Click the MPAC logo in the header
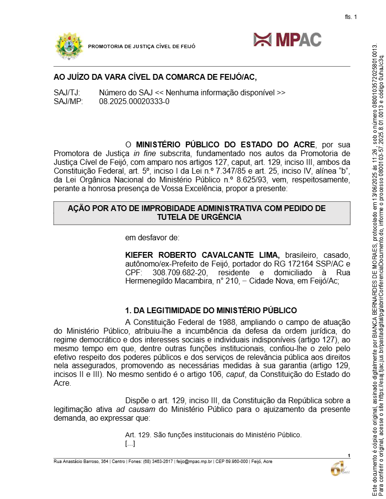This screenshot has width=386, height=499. coord(287,40)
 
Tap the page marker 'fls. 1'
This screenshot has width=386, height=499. coord(351,17)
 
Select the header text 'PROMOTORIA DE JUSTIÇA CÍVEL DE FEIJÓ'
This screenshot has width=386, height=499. coord(142,47)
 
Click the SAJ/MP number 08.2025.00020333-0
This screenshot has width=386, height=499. coord(134,101)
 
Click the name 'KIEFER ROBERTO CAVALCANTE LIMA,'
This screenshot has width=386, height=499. coord(202,255)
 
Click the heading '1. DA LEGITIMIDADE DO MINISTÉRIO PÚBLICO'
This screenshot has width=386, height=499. coord(211,310)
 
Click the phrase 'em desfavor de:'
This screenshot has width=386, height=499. coord(152,238)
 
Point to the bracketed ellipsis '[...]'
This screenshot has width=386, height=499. coord(130,444)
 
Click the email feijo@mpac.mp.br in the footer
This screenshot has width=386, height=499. coord(195,461)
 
